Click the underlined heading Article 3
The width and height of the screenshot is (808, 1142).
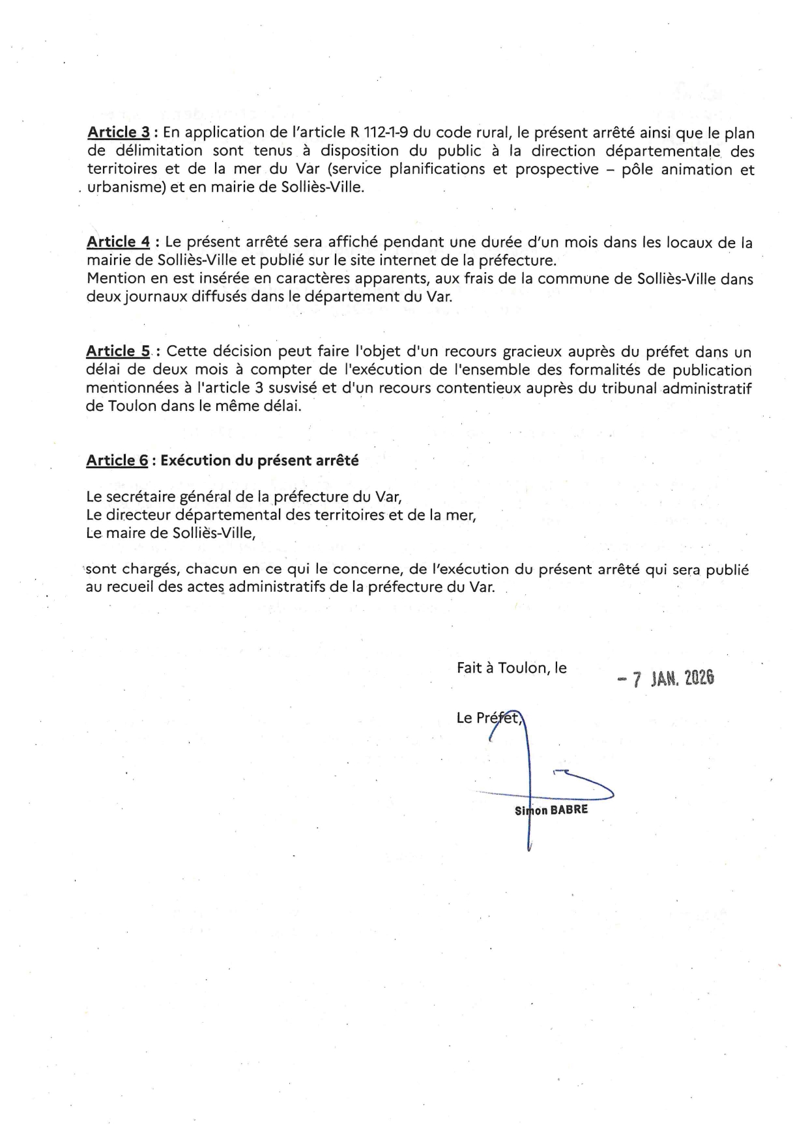[x=118, y=133]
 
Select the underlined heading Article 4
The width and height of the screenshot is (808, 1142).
[x=118, y=242]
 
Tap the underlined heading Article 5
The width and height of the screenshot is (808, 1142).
[x=118, y=352]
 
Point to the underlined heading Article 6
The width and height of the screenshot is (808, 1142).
[x=117, y=460]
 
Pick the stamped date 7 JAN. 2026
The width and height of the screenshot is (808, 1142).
[x=665, y=678]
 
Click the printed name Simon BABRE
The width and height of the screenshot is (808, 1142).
[x=551, y=811]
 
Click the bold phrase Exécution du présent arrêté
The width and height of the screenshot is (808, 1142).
[x=259, y=460]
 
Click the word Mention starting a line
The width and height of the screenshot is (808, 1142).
[x=113, y=279]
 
